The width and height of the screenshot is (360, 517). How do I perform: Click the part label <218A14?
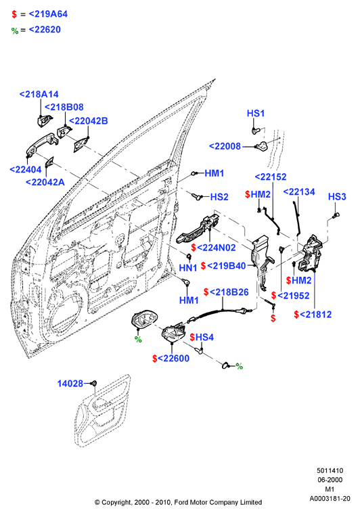coord(39,94)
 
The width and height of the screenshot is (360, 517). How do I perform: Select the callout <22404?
coord(26,170)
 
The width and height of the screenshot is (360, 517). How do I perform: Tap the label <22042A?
coord(45,182)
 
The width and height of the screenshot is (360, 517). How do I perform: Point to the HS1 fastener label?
coord(256,114)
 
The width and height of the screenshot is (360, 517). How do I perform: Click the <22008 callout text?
coord(225,146)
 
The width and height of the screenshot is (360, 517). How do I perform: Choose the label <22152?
coord(271,177)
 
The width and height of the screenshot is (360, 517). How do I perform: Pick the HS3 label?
coord(337,197)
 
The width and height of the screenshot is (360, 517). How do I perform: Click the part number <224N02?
coord(217,248)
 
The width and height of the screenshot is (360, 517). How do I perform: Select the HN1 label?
coord(188,268)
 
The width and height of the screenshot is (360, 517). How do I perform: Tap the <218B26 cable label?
coord(229,292)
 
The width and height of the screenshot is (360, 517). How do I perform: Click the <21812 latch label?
coord(316,315)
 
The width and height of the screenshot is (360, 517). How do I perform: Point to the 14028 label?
coord(70,384)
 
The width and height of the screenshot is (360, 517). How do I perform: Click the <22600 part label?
coord(174,359)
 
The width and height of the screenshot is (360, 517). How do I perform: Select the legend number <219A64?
coord(48,14)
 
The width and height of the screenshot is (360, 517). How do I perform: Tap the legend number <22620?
coord(45,30)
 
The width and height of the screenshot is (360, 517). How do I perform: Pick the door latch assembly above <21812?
coord(310,253)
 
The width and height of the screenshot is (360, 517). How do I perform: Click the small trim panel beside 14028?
coord(102,411)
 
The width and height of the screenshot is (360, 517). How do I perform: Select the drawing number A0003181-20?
coord(330,499)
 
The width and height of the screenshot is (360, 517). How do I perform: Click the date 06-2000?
coord(330,480)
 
